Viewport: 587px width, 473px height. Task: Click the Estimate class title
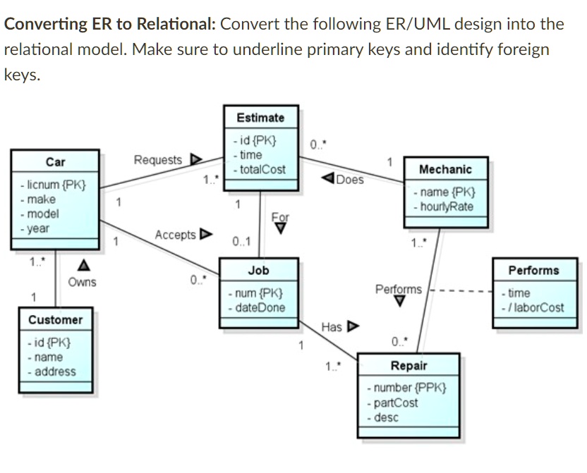coord(260,118)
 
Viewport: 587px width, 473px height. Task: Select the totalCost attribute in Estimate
coord(262,170)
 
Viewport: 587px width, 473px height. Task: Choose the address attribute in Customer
coord(55,371)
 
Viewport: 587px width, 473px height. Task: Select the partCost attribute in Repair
coord(395,403)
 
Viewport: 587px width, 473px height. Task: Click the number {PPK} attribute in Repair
coord(406,388)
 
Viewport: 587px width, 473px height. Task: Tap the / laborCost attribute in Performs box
coord(535,307)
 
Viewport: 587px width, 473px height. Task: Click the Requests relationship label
coord(158,160)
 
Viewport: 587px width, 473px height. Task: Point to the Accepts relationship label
coord(176,234)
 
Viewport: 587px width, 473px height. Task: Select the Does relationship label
coord(349,179)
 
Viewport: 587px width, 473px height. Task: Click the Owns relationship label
coord(82,282)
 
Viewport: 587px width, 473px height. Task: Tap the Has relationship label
coord(332,327)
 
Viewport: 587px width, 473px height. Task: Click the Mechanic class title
coord(445,169)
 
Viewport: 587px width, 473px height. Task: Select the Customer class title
coord(55,320)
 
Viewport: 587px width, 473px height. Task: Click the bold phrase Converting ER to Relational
coord(109,24)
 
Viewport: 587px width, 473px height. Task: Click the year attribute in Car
coord(38,228)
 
